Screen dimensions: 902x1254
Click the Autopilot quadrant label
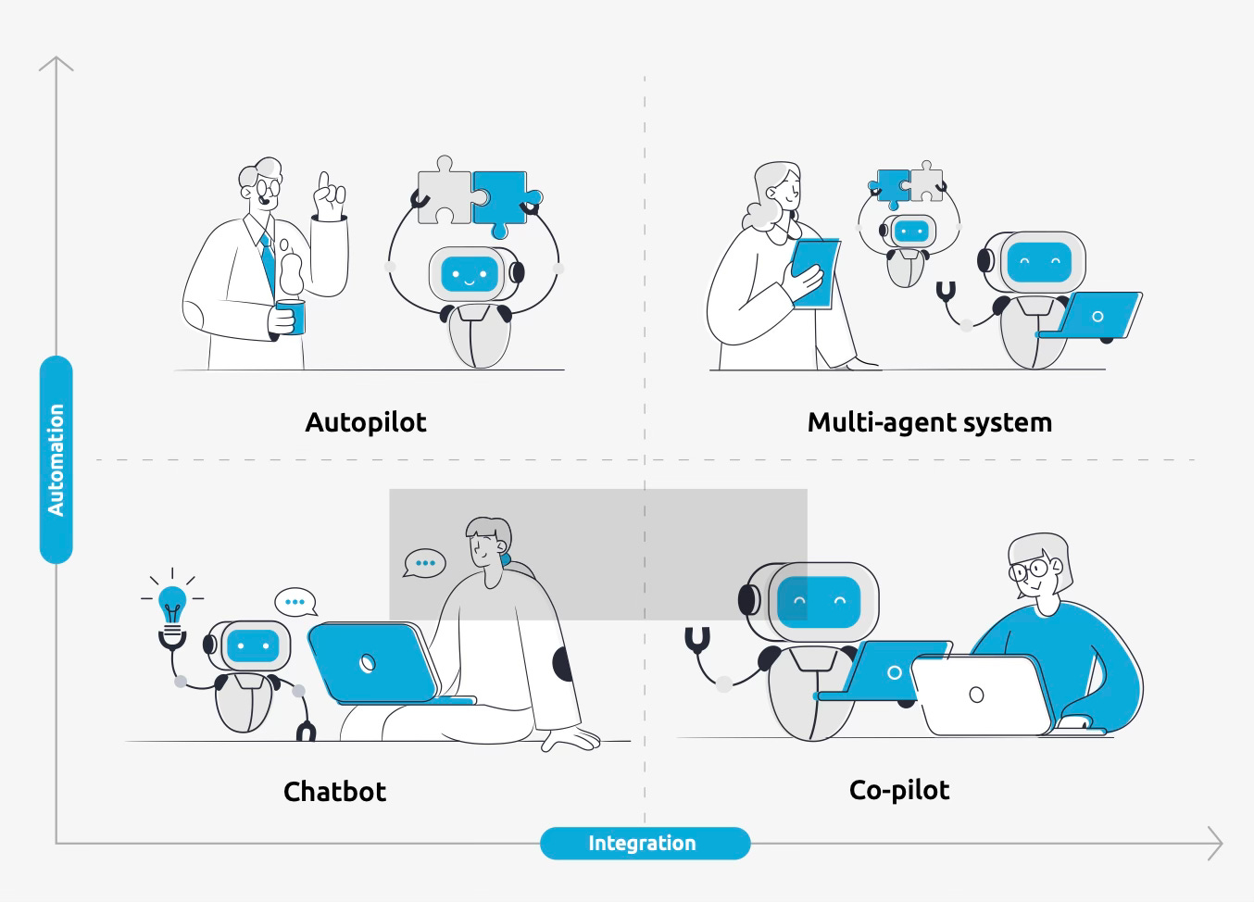(366, 422)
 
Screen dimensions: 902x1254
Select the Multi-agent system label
(929, 422)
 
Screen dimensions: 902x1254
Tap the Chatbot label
(334, 792)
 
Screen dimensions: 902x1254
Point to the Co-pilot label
(899, 790)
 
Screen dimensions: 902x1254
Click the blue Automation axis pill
(56, 459)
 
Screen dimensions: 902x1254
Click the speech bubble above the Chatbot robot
(295, 602)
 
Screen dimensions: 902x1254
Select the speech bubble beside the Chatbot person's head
(425, 563)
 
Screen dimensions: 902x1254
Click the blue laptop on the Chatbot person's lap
(373, 661)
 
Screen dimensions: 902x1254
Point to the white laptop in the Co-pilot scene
(982, 695)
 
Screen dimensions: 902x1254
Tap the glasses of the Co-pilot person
(1028, 568)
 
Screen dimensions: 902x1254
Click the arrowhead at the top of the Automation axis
(56, 62)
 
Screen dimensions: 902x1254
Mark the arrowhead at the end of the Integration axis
(1216, 844)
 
